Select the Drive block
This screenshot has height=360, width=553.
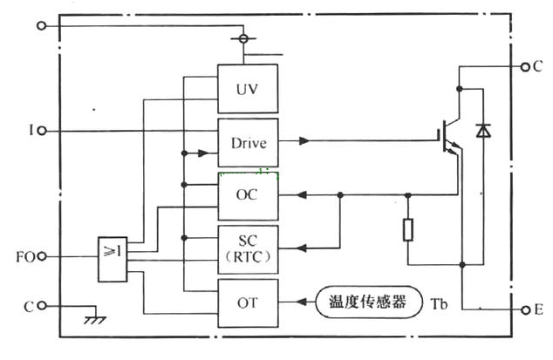[248, 143]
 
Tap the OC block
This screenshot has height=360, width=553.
[248, 195]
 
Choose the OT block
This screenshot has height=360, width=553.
[248, 303]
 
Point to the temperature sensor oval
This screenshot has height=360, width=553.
[367, 303]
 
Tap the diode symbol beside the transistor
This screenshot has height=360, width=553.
[483, 131]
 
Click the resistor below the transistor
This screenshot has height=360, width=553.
[407, 230]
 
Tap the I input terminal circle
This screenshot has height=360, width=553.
[42, 131]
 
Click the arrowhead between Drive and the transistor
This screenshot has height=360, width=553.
[303, 139]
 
